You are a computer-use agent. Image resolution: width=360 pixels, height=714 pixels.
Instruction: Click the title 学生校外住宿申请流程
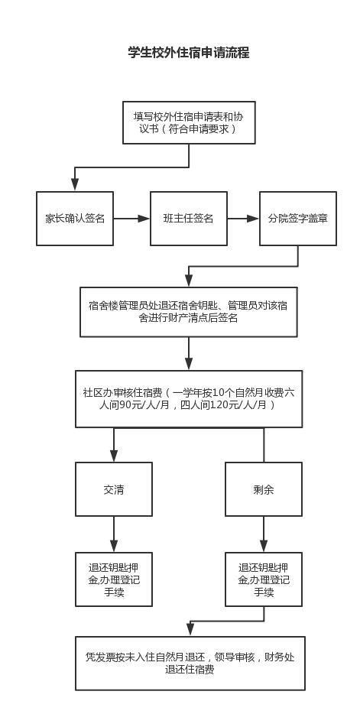[x=189, y=53]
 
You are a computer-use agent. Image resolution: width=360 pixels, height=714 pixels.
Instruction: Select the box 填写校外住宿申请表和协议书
[x=189, y=122]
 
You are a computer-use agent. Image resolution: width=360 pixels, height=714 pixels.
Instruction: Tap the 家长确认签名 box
[x=75, y=219]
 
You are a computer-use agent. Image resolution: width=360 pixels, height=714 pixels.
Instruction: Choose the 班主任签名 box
[x=189, y=219]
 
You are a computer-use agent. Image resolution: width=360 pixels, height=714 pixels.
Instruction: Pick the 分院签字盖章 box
[x=298, y=219]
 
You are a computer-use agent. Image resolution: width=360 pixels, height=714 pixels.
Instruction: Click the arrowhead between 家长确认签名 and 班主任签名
[x=144, y=219]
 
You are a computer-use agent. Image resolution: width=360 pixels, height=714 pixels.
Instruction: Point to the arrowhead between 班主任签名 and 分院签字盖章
[x=253, y=219]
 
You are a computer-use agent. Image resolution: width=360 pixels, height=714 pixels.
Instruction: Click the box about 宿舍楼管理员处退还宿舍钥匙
[x=189, y=312]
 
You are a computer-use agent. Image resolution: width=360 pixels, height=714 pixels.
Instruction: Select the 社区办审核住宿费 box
[x=189, y=399]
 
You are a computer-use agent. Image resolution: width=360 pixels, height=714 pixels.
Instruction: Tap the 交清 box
[x=114, y=489]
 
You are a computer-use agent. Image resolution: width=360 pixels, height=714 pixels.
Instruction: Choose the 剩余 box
[x=264, y=489]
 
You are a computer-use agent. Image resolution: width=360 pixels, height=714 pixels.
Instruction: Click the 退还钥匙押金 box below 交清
[x=114, y=579]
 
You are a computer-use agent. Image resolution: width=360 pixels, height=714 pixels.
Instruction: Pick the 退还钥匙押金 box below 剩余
[x=264, y=579]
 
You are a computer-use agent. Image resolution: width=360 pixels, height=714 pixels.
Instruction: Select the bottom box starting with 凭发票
[x=190, y=664]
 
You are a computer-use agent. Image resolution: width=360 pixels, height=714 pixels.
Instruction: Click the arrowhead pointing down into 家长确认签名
[x=75, y=184]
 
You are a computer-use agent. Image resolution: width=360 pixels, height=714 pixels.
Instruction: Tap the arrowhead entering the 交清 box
[x=114, y=456]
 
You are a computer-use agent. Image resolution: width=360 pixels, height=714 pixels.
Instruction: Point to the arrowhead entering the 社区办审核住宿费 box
[x=189, y=363]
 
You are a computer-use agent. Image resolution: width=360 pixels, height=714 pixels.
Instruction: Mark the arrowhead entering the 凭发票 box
[x=190, y=629]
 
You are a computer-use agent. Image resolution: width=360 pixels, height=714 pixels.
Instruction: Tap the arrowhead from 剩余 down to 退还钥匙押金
[x=264, y=546]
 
